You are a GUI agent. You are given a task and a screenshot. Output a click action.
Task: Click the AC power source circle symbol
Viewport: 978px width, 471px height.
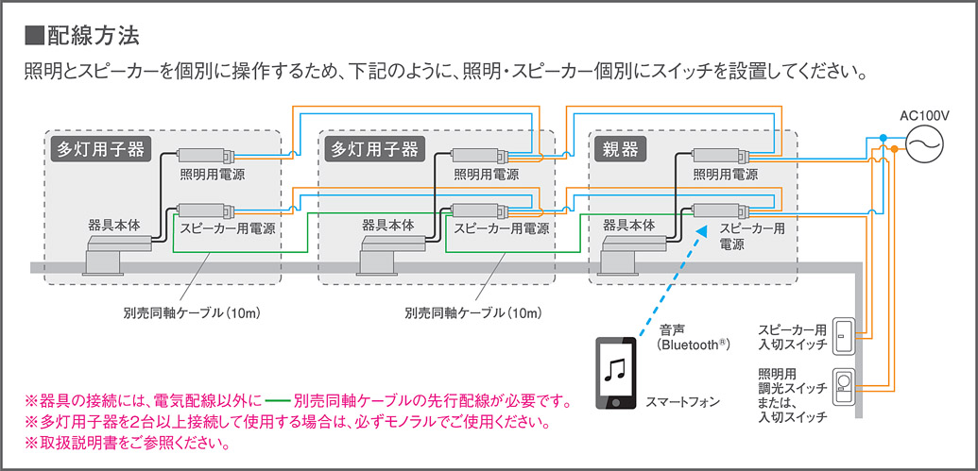tap(920, 144)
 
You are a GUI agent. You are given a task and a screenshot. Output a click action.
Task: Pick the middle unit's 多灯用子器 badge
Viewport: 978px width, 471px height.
tap(372, 149)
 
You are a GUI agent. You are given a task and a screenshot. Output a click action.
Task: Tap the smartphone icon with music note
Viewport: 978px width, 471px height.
tap(614, 373)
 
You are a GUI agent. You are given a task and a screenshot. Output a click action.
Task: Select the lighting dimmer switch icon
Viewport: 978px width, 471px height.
tap(843, 388)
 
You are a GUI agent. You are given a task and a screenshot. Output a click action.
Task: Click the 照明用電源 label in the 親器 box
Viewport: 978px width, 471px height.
tap(726, 175)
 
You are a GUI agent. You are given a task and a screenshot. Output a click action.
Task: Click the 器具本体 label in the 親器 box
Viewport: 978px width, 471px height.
tap(628, 227)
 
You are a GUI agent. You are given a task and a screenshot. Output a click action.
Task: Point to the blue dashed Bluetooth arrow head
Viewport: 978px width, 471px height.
tap(701, 230)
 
